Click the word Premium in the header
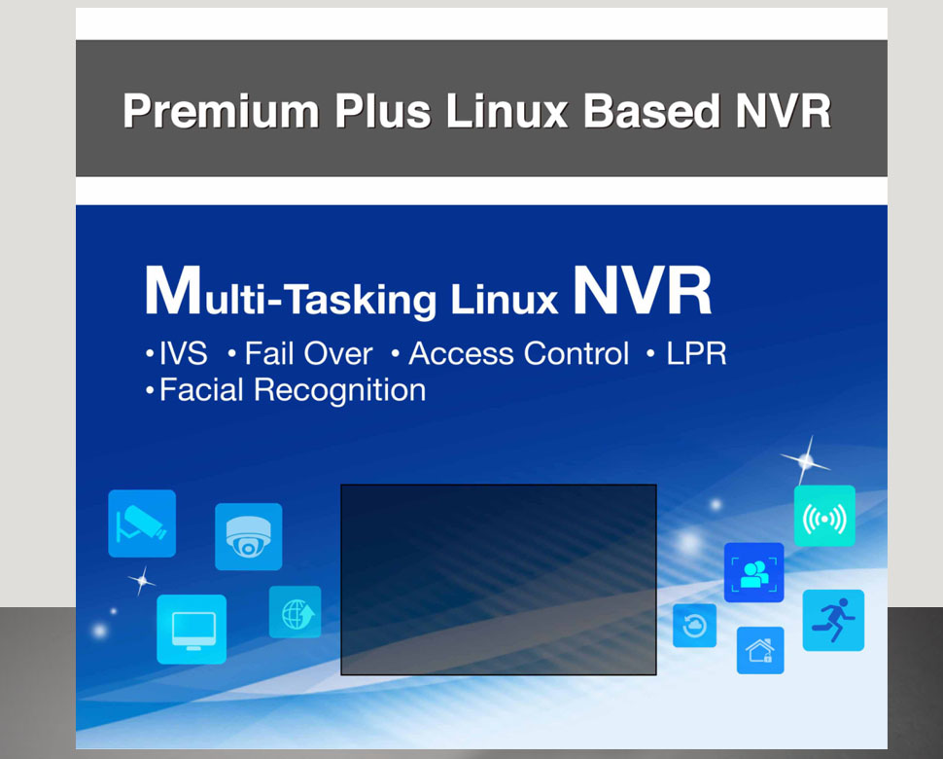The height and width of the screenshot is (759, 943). [x=221, y=111]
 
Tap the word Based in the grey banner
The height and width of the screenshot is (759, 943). [x=651, y=111]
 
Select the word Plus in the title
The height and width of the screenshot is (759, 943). [x=382, y=111]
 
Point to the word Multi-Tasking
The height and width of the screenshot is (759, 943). [x=291, y=291]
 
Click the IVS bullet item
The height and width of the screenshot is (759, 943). [x=177, y=353]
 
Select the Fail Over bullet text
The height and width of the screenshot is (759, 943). [x=300, y=353]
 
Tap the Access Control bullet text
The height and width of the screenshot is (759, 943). [x=510, y=353]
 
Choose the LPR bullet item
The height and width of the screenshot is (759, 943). [x=686, y=353]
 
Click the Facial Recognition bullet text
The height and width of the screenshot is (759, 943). [x=286, y=390]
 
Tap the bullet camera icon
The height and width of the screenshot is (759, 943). [x=142, y=524]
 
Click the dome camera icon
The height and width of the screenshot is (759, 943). [x=248, y=537]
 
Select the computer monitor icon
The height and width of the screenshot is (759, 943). [x=192, y=630]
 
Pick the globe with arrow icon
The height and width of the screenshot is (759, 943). [x=296, y=612]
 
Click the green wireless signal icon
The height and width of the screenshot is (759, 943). [x=824, y=517]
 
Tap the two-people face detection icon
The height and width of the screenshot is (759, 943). [x=754, y=573]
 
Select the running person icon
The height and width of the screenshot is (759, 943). [x=833, y=621]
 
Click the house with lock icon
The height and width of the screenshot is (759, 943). [x=760, y=650]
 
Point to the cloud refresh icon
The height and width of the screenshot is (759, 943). [x=695, y=626]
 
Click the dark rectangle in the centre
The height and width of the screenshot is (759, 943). [x=499, y=580]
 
